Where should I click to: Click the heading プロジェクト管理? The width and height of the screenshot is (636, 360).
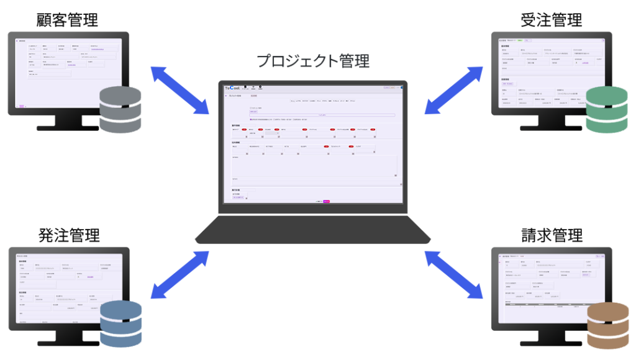(x=313, y=61)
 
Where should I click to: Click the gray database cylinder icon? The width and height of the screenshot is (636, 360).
(x=120, y=110)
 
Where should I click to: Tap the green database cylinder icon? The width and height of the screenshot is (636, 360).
(x=607, y=110)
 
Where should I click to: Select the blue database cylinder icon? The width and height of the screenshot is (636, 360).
(x=120, y=324)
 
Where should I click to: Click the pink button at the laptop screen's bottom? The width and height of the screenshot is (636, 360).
(x=327, y=201)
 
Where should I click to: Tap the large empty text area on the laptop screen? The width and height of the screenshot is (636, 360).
(x=314, y=166)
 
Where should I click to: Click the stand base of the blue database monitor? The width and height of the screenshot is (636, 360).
(x=68, y=343)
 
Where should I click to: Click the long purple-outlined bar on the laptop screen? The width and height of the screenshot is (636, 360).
(x=322, y=115)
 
